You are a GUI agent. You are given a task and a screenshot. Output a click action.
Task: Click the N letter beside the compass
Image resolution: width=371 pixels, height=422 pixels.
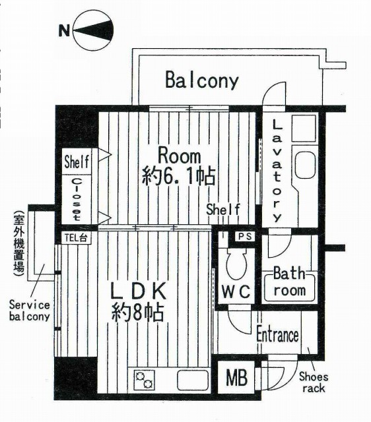point(64,30)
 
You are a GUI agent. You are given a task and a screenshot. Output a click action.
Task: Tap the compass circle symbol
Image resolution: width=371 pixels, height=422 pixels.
point(94,30)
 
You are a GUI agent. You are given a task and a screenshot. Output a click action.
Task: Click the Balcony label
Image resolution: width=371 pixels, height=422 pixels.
point(202,80)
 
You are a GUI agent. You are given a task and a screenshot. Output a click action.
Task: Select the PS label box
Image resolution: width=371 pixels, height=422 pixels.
point(245,236)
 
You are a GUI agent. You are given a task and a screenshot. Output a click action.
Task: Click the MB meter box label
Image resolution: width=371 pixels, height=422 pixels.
point(236,377)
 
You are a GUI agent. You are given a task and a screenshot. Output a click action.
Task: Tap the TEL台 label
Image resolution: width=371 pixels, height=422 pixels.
point(76,238)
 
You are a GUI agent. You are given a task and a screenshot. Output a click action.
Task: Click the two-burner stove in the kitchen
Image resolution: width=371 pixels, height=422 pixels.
point(144,380)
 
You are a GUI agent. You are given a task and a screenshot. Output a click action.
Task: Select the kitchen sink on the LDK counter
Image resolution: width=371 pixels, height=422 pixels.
point(193,380)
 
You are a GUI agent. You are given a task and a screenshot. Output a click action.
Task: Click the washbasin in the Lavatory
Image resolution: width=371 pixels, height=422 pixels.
point(305,165)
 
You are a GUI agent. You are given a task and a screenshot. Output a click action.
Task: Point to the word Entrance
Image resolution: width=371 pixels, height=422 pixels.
point(277,334)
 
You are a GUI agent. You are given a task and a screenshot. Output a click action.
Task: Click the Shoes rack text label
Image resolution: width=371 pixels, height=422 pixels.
point(314,382)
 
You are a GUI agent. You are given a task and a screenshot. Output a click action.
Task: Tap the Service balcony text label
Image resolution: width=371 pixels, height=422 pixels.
point(29,311)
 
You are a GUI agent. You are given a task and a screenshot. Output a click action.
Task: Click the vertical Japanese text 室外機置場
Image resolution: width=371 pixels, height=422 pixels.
point(19,245)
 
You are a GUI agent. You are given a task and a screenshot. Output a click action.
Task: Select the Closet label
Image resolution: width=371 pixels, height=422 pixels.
point(77,199)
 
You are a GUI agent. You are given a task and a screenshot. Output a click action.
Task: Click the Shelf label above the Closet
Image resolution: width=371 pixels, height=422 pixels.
point(77,162)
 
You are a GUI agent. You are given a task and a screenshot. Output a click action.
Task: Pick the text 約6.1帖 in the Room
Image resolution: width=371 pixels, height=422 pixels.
point(178,176)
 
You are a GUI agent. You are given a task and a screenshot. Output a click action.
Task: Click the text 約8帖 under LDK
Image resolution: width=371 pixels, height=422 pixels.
point(138,312)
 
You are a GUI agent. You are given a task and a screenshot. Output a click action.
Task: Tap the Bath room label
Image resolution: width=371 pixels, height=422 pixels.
point(289,282)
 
